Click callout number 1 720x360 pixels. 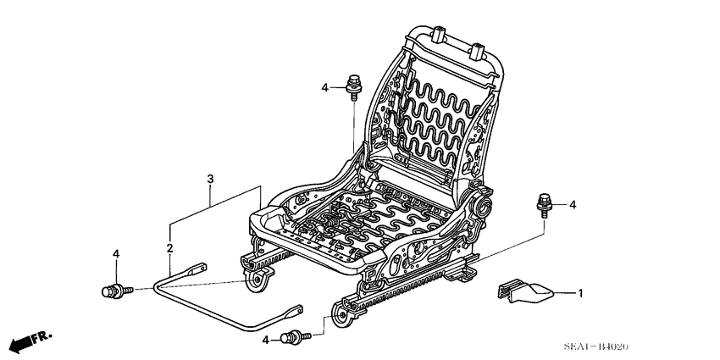(x=581, y=294)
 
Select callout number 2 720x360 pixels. (x=169, y=248)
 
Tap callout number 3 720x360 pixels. (x=209, y=178)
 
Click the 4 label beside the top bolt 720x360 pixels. (x=324, y=87)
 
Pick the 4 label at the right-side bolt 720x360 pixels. (x=573, y=204)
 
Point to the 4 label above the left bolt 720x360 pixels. (x=116, y=254)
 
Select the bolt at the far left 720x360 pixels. (x=114, y=291)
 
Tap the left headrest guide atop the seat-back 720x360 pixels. (x=440, y=36)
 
